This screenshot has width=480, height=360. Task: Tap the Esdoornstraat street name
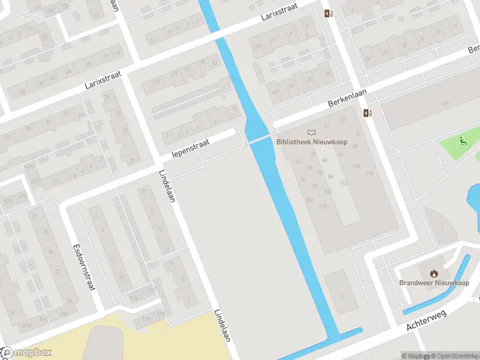click(x=84, y=267)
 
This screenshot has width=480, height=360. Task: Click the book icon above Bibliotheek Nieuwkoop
click(x=311, y=132)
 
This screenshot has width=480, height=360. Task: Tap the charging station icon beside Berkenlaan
click(x=367, y=113)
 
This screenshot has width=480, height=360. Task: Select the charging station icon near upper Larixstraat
click(x=328, y=13)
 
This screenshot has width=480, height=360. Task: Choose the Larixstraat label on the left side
click(x=103, y=80)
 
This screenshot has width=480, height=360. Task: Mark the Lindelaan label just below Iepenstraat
click(x=167, y=186)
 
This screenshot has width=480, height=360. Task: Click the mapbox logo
click(x=27, y=353)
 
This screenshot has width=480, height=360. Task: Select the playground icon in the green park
click(x=463, y=142)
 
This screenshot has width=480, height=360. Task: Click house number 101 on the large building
click(x=445, y=104)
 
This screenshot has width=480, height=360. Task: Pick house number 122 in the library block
click(x=323, y=206)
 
